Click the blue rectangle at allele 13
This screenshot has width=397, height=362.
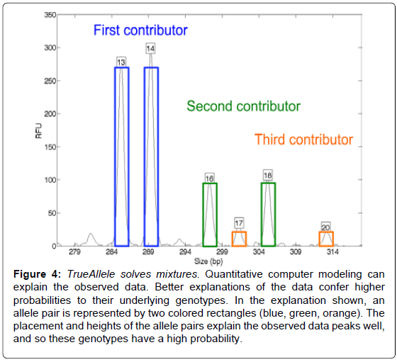[x=115, y=157]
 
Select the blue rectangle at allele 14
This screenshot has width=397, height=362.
[x=145, y=157]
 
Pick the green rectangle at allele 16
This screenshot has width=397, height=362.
[x=203, y=215]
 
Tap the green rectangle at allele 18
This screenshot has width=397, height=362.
[x=262, y=214]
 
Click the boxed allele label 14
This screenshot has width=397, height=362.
[x=150, y=49]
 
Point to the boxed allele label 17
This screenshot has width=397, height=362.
[x=239, y=223]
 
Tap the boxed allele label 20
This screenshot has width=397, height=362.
[x=325, y=227]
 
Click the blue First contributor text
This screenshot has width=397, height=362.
[x=140, y=30]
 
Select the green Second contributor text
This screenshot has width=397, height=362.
[x=244, y=106]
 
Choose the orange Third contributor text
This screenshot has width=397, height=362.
[x=303, y=140]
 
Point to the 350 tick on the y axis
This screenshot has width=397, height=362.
[x=50, y=15]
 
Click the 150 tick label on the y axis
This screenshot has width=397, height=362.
[x=50, y=147]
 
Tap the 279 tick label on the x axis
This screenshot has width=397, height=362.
[x=74, y=251]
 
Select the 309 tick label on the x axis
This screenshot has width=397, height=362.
[x=296, y=251]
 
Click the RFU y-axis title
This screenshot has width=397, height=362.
[x=38, y=131]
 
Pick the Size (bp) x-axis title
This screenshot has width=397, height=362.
[x=208, y=261]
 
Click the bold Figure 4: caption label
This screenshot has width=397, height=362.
[x=37, y=274]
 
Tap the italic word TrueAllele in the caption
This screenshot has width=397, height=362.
[x=91, y=274]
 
